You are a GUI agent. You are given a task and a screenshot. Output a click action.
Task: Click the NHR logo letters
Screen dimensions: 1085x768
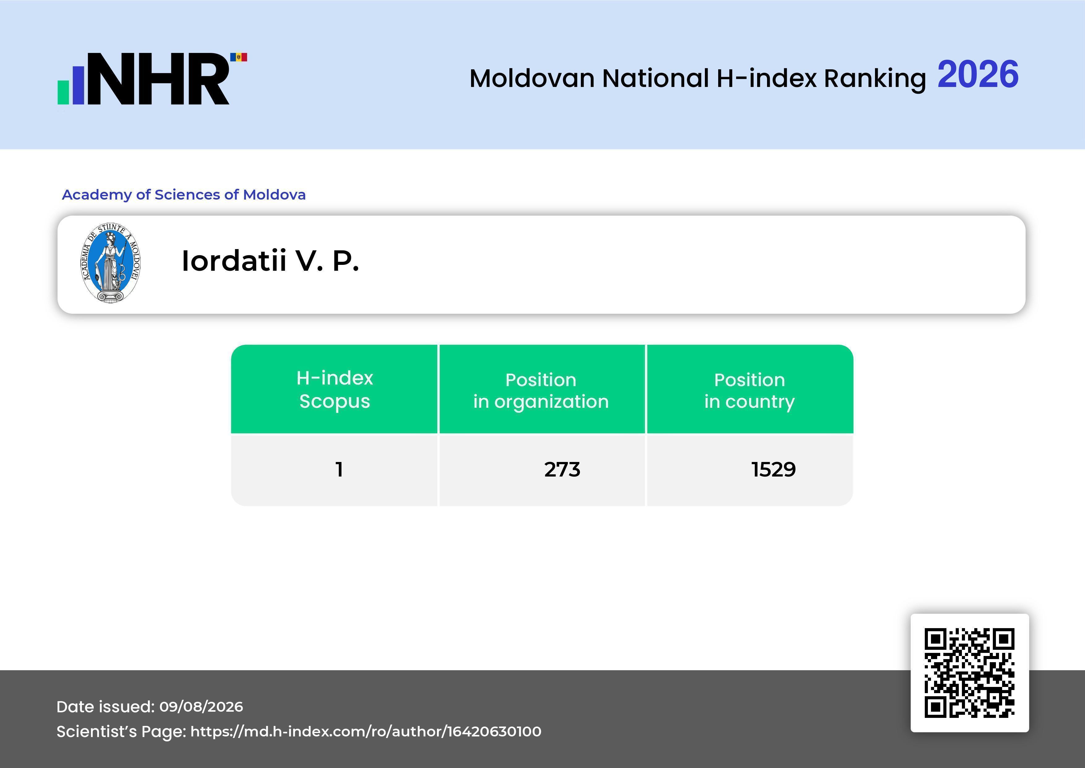(x=158, y=79)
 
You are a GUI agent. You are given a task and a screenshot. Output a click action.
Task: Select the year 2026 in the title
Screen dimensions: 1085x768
(x=978, y=75)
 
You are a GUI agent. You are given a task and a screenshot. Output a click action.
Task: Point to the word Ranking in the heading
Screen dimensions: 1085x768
(x=875, y=79)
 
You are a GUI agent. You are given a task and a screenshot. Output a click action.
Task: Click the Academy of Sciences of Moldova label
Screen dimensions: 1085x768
(x=184, y=194)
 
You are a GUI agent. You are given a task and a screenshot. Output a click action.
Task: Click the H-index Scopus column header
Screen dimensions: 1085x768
(x=335, y=389)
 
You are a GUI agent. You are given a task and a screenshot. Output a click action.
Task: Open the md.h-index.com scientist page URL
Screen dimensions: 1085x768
(x=366, y=731)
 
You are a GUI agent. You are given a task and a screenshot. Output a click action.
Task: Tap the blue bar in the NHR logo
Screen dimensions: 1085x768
(x=78, y=85)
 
